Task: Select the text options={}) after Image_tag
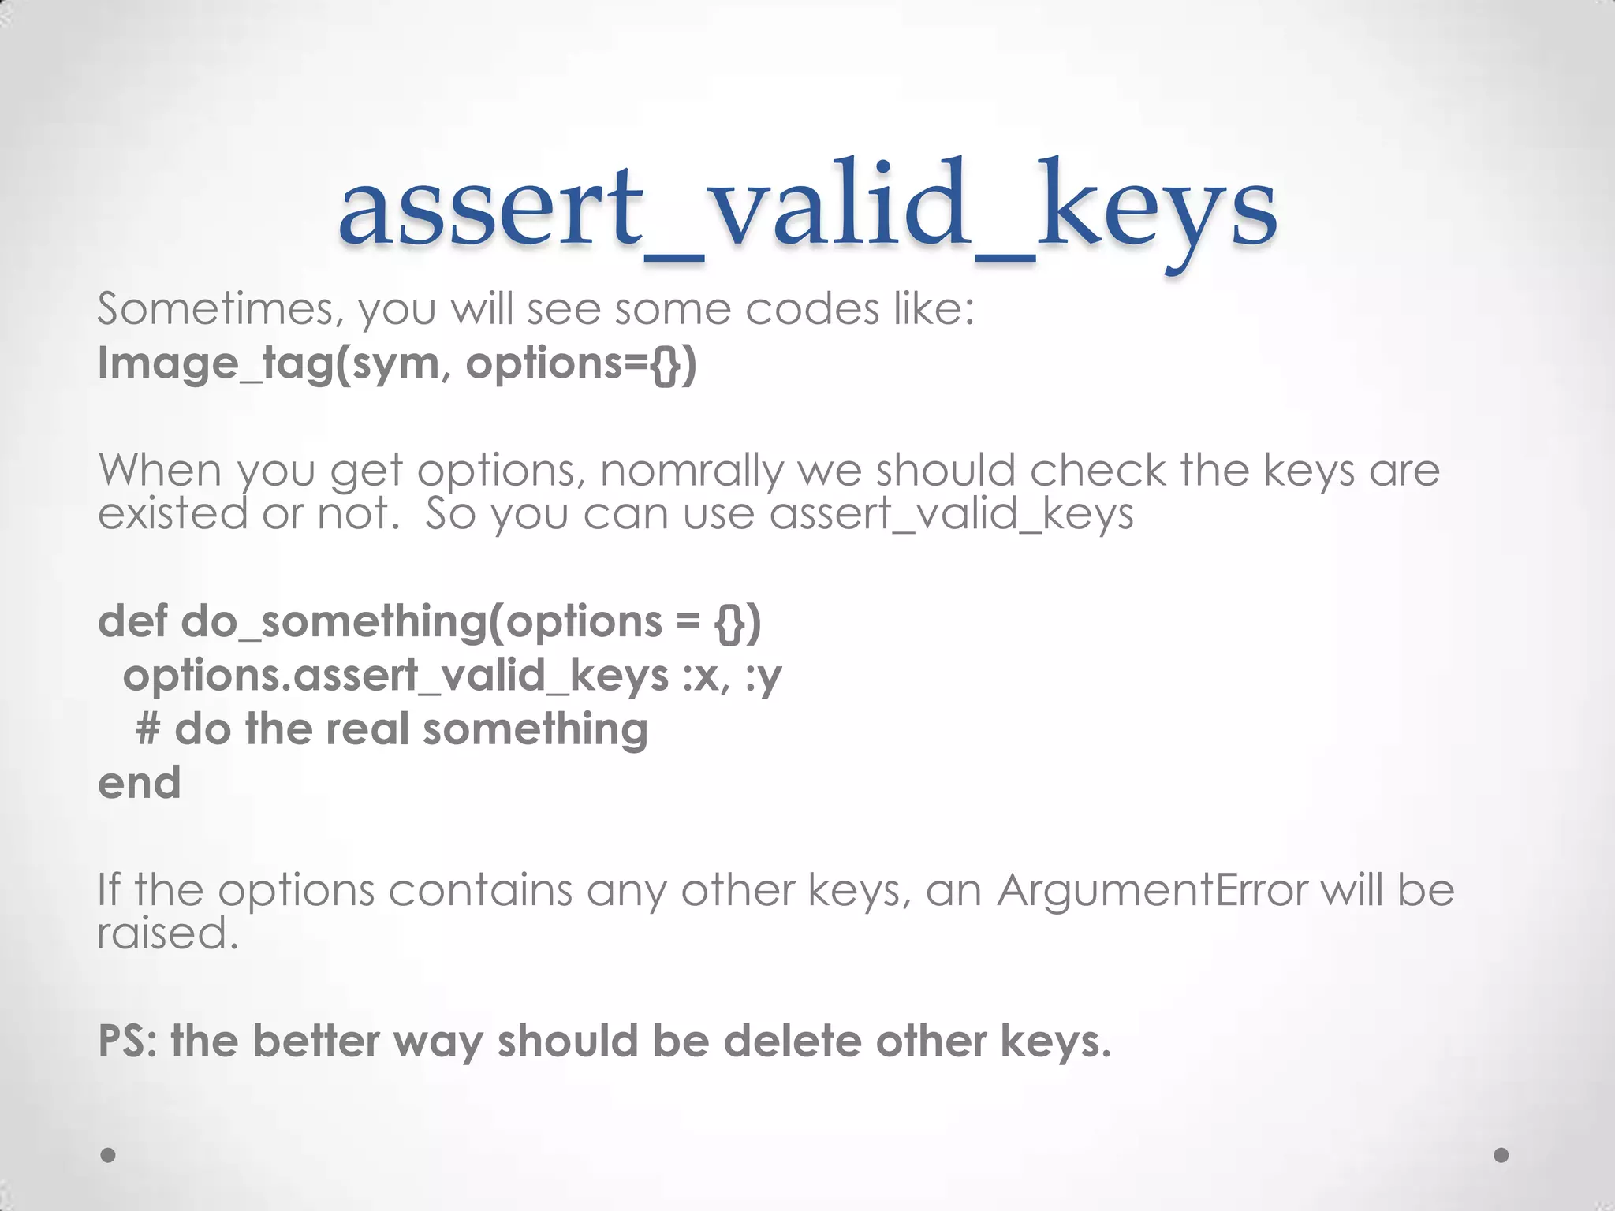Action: click(581, 364)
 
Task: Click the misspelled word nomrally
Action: click(692, 471)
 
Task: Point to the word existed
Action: click(173, 514)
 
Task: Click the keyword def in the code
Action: click(132, 621)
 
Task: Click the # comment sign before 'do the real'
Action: click(148, 728)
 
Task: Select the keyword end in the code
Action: click(140, 783)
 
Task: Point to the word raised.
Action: click(167, 934)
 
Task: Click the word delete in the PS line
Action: click(789, 1041)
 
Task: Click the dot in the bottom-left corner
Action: click(109, 1155)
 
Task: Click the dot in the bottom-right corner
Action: click(1501, 1155)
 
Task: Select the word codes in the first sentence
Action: click(812, 309)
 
